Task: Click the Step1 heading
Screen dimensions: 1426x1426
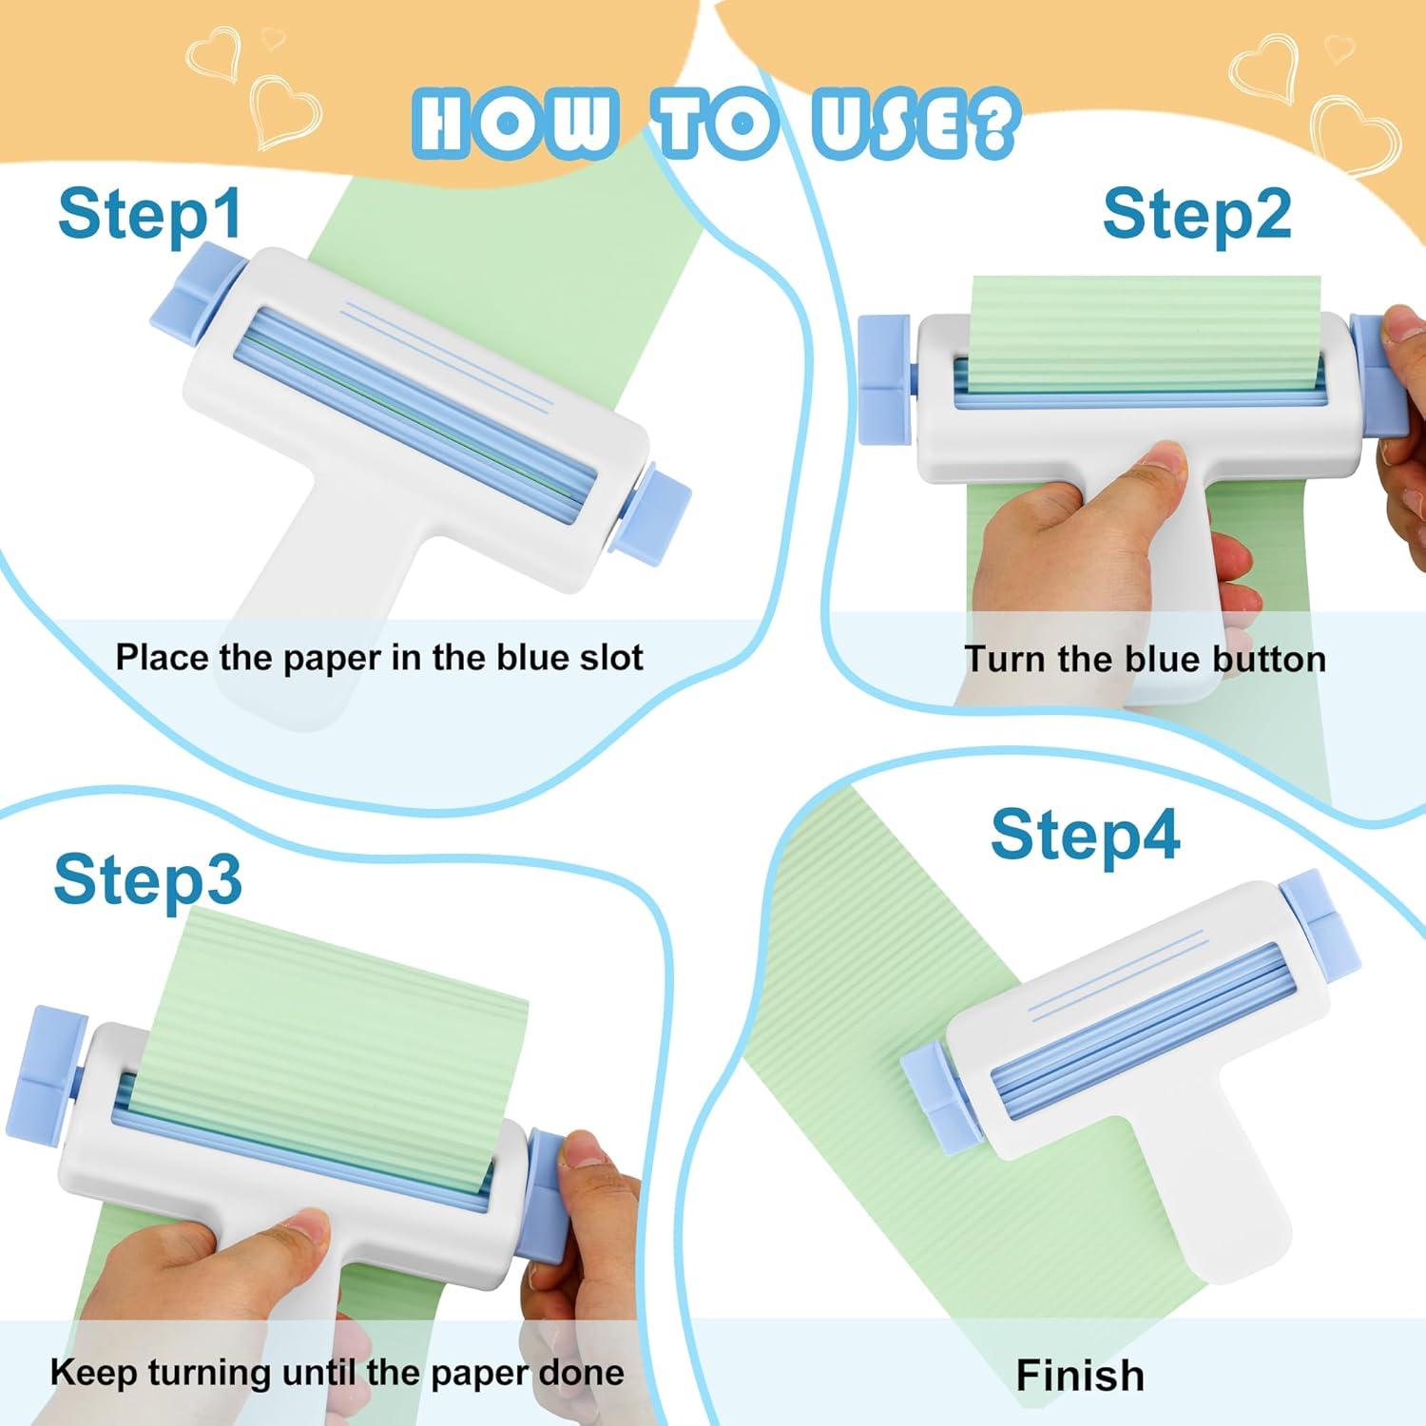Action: pos(149,214)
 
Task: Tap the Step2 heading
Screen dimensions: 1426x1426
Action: pos(1197,214)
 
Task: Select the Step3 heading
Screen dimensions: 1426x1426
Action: pos(147,878)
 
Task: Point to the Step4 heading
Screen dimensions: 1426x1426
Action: pos(1085,836)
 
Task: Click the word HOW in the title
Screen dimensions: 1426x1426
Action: pos(515,123)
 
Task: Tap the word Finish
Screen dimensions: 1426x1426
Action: pos(1080,1375)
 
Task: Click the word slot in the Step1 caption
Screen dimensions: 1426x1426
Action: pos(609,657)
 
